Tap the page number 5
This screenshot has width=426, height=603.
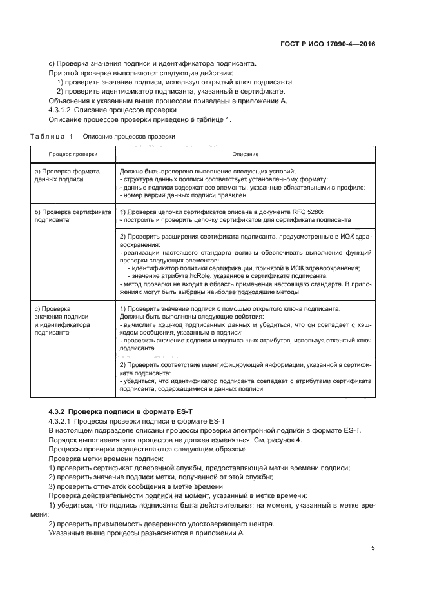click(x=373, y=548)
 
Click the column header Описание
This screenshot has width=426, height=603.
click(x=246, y=155)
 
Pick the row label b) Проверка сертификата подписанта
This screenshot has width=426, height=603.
click(x=68, y=215)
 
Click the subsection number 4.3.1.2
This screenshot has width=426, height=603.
click(x=63, y=110)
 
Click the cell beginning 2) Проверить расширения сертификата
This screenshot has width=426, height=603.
click(x=245, y=236)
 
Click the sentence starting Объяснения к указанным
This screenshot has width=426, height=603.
click(x=168, y=101)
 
